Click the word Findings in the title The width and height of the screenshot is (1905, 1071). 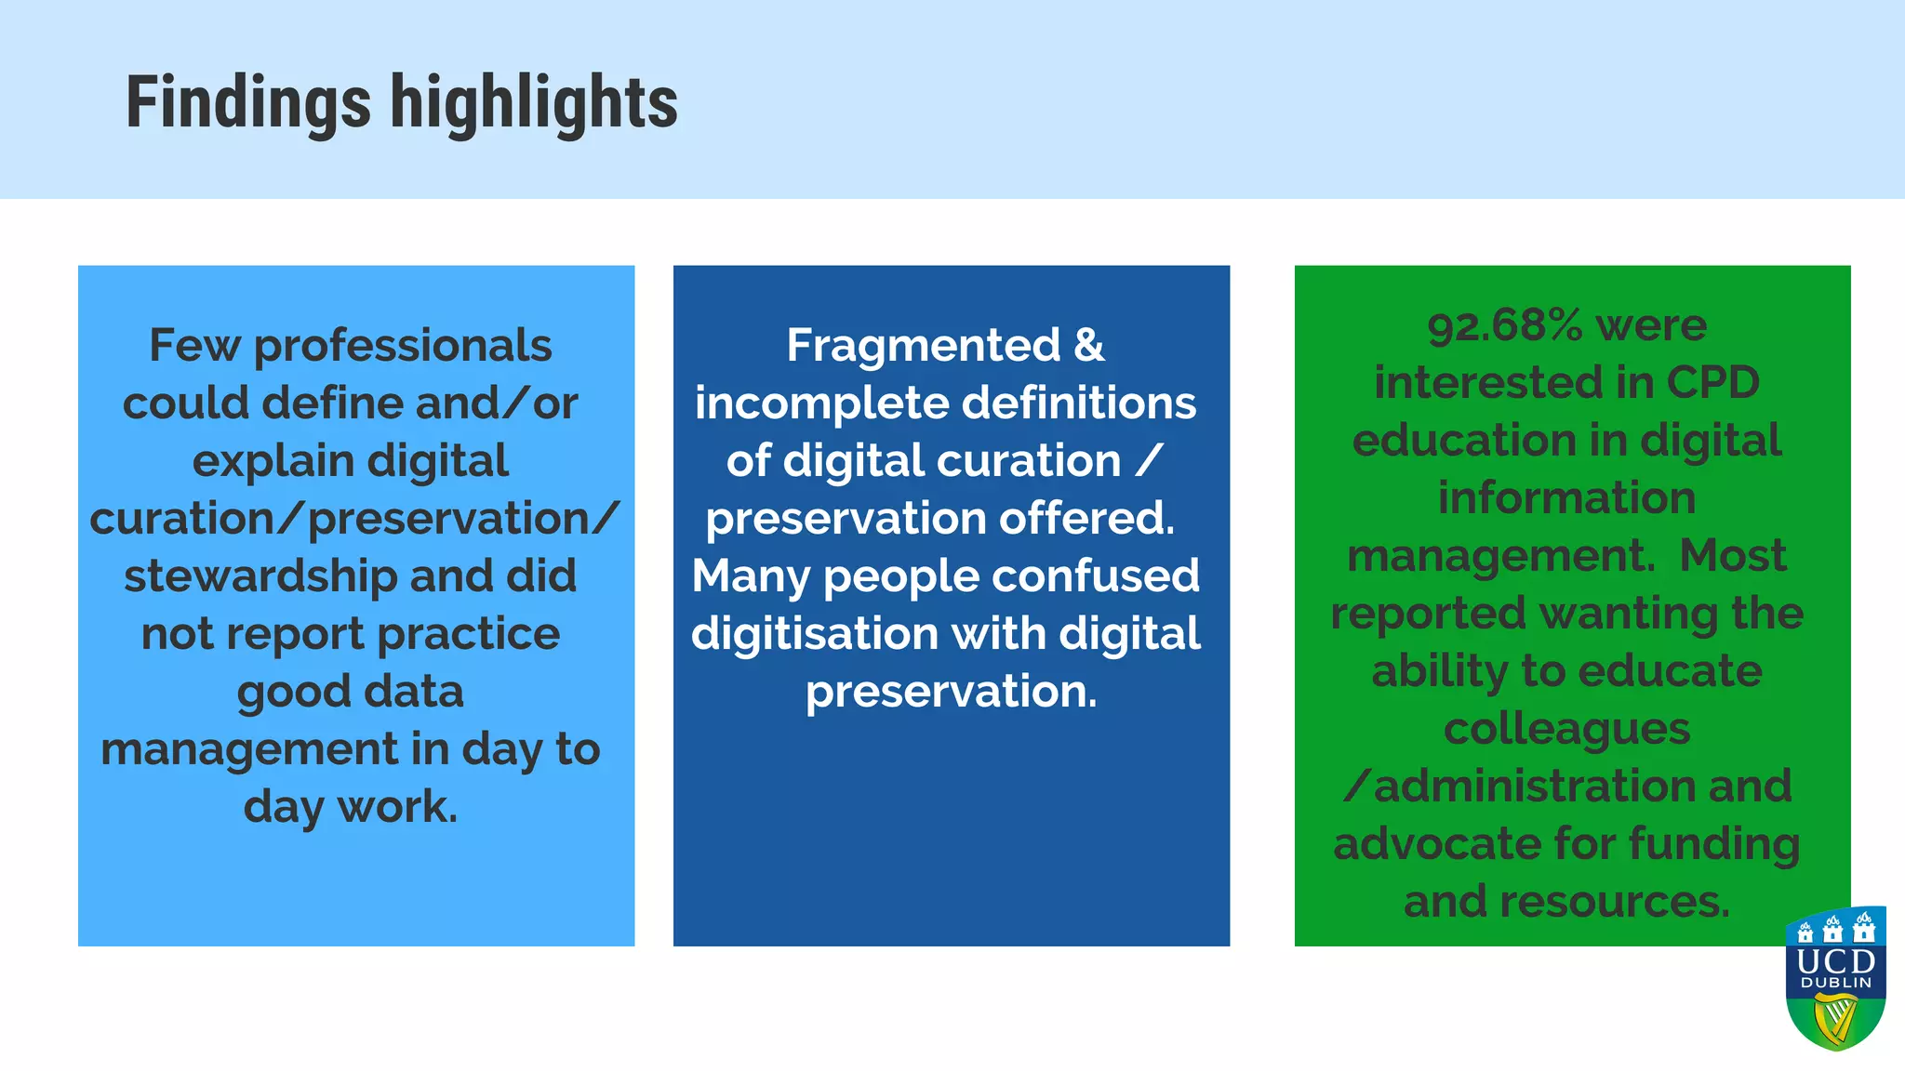(x=247, y=102)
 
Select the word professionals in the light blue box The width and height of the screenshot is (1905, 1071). (x=403, y=346)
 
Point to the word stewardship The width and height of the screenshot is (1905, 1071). (x=262, y=576)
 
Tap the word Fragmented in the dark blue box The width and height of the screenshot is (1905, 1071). (x=923, y=346)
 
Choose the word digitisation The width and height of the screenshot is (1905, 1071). (x=815, y=634)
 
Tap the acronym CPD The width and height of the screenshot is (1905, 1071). (x=1712, y=382)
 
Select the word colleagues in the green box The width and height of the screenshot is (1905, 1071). (x=1566, y=729)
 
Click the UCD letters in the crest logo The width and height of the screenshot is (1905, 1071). (x=1836, y=960)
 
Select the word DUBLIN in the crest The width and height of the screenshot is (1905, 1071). (x=1836, y=983)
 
